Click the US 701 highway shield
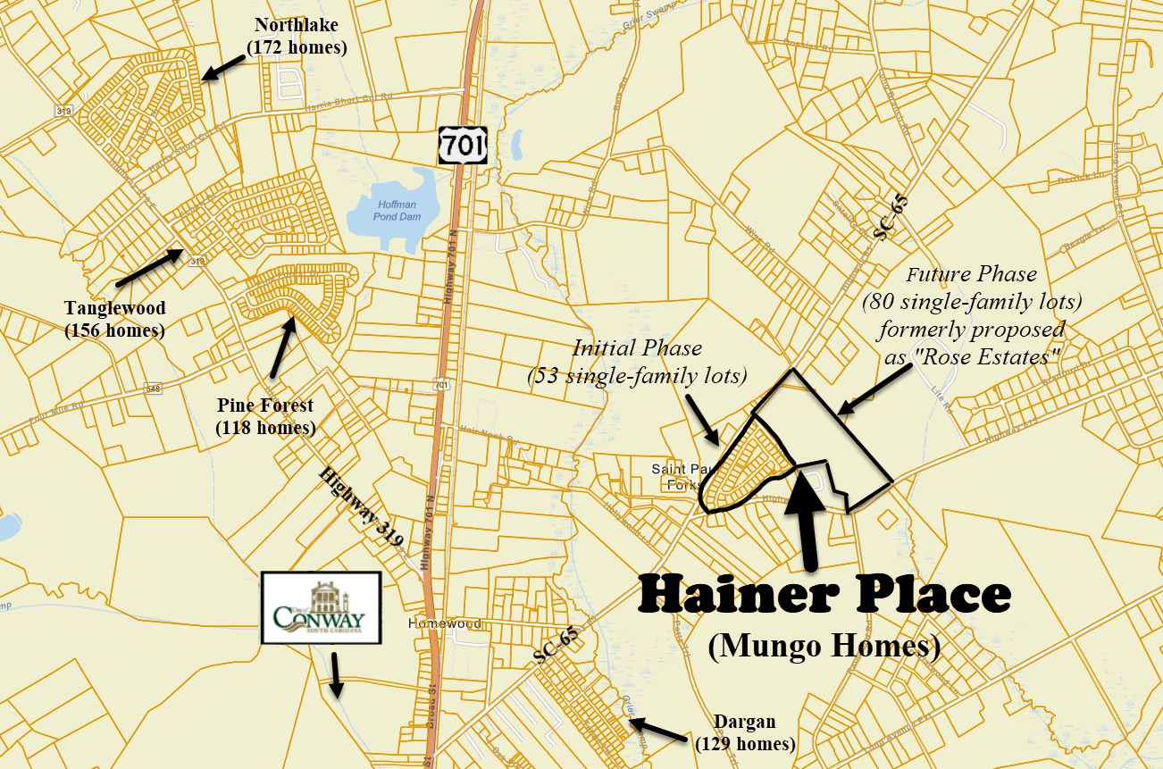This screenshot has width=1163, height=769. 462,144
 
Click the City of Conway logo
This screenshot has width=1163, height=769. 322,608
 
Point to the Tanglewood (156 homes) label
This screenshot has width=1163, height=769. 114,319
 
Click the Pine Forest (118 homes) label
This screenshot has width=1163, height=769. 265,416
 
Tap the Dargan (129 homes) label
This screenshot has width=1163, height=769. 744,732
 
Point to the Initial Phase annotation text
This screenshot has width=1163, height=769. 637,361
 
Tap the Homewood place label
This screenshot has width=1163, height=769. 443,623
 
